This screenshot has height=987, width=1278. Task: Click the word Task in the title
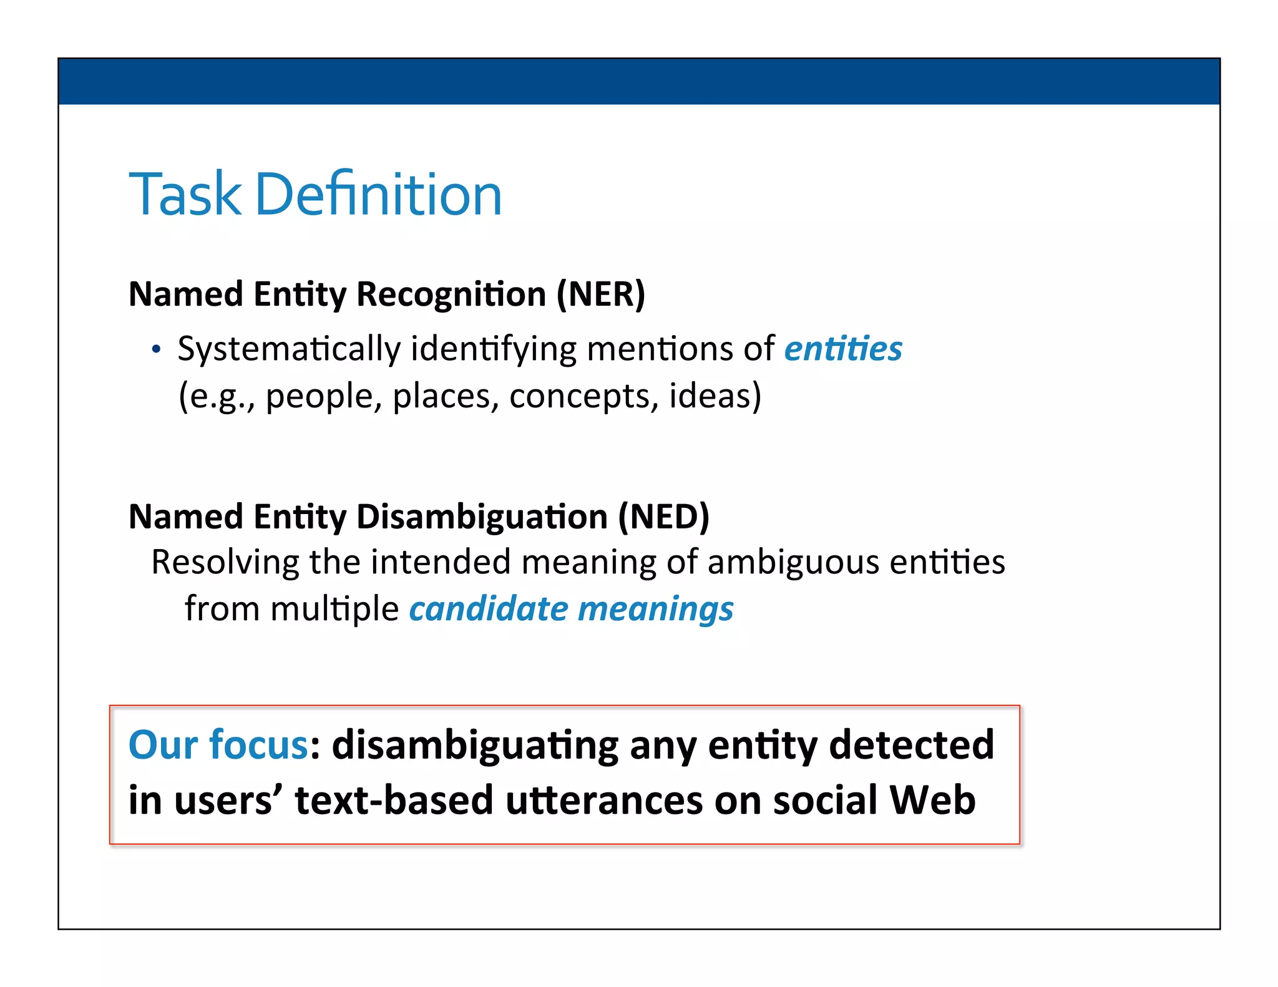coord(184,195)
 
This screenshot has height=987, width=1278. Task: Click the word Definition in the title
coord(378,195)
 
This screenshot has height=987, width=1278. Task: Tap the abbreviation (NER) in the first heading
coord(600,294)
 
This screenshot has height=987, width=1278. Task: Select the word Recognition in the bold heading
coord(451,295)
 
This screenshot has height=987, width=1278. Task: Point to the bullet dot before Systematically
coord(156,349)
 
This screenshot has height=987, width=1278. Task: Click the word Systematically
coord(288,349)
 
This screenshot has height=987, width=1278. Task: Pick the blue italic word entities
coord(843,348)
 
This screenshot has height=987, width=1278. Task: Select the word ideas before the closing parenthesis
coord(709,396)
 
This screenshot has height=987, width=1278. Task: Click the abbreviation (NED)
coord(663,517)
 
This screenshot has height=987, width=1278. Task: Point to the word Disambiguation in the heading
coord(482,518)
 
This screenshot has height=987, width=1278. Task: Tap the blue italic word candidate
coord(488,609)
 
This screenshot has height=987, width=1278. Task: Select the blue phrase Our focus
coord(218,745)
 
